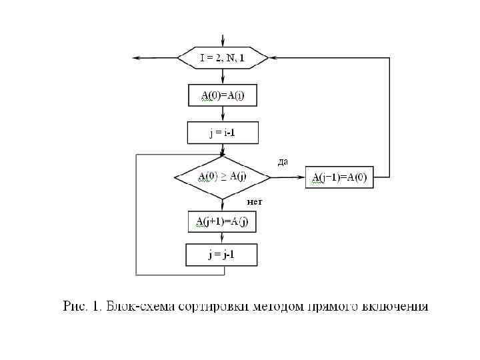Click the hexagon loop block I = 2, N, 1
223,58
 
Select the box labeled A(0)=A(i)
223,95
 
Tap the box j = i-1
223,133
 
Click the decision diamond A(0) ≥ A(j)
223,177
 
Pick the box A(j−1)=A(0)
339,177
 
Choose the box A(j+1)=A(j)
223,221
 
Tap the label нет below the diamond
255,201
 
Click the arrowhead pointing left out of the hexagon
137,58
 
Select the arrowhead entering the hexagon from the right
273,58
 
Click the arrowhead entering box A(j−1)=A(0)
301,177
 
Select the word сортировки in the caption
217,307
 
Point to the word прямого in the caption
333,307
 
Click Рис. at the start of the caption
74,307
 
